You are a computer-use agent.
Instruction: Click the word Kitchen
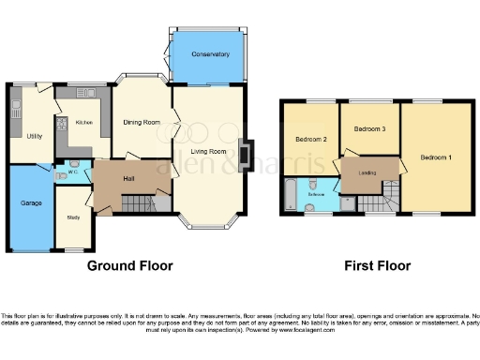pyautogui.click(x=84, y=123)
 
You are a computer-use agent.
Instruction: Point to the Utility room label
pyautogui.click(x=34, y=136)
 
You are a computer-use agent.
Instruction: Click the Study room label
pyautogui.click(x=72, y=218)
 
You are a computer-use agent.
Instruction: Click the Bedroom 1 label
pyautogui.click(x=436, y=157)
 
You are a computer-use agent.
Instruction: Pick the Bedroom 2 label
pyautogui.click(x=310, y=140)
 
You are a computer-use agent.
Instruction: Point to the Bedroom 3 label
pyautogui.click(x=369, y=128)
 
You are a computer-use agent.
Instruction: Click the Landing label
pyautogui.click(x=367, y=172)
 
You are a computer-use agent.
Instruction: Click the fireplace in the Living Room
pyautogui.click(x=246, y=154)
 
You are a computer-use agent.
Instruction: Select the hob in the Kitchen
pyautogui.click(x=61, y=127)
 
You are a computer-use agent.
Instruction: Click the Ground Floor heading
pyautogui.click(x=130, y=265)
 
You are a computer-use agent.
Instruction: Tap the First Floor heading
pyautogui.click(x=377, y=265)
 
